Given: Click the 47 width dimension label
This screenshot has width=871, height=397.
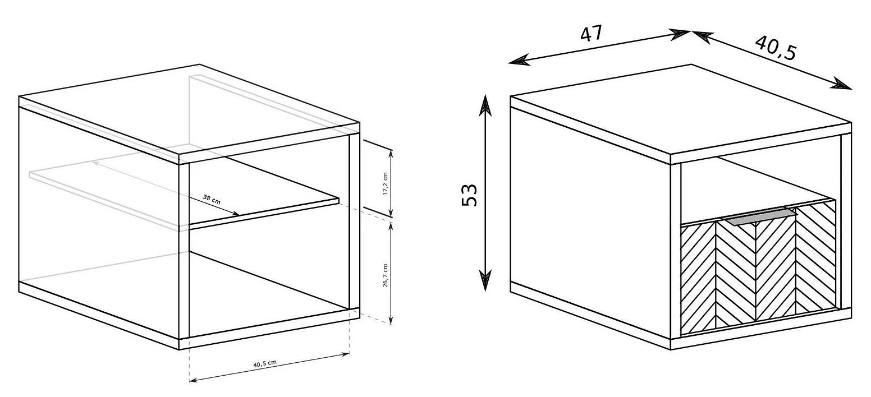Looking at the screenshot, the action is coord(591,33).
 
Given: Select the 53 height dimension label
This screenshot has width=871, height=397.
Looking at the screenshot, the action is coord(469,195).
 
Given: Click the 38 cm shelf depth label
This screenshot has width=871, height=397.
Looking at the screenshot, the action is coord(212,200).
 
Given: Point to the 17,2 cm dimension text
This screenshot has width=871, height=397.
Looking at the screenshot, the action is coord(386,183).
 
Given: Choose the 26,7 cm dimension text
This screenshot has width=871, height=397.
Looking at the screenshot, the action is coord(386,275).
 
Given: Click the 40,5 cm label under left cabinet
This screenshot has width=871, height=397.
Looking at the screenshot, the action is coord(265,364).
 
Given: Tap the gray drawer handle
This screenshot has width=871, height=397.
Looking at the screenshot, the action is coord(758,217).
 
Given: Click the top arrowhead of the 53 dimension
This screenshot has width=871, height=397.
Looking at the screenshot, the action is coord(485,104).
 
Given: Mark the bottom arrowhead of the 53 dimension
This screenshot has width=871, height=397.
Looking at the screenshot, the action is coord(485,281).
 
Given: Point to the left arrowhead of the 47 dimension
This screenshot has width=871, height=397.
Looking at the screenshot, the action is coord(519,61).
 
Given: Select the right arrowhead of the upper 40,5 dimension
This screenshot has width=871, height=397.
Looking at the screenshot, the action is coord(841,84).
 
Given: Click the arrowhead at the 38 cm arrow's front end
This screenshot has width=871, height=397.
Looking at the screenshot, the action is coord(235,213).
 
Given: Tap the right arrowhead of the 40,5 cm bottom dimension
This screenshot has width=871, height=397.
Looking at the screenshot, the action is coord(345,353).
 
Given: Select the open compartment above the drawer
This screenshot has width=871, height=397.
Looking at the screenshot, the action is coord(750,190).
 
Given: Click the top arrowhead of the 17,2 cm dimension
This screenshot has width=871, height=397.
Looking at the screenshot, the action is coord(391,155).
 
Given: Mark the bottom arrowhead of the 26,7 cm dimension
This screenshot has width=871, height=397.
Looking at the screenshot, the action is coord(391,318).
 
